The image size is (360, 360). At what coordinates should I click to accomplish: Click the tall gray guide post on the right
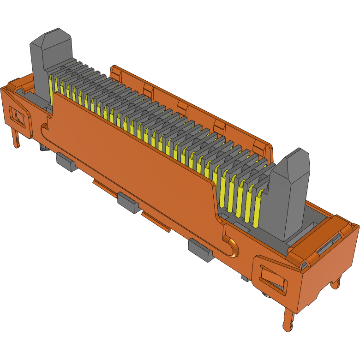291,194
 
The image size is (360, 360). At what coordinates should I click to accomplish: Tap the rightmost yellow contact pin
257,208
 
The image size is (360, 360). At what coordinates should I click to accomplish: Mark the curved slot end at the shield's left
44,129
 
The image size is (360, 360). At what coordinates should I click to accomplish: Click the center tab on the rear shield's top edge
183,109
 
